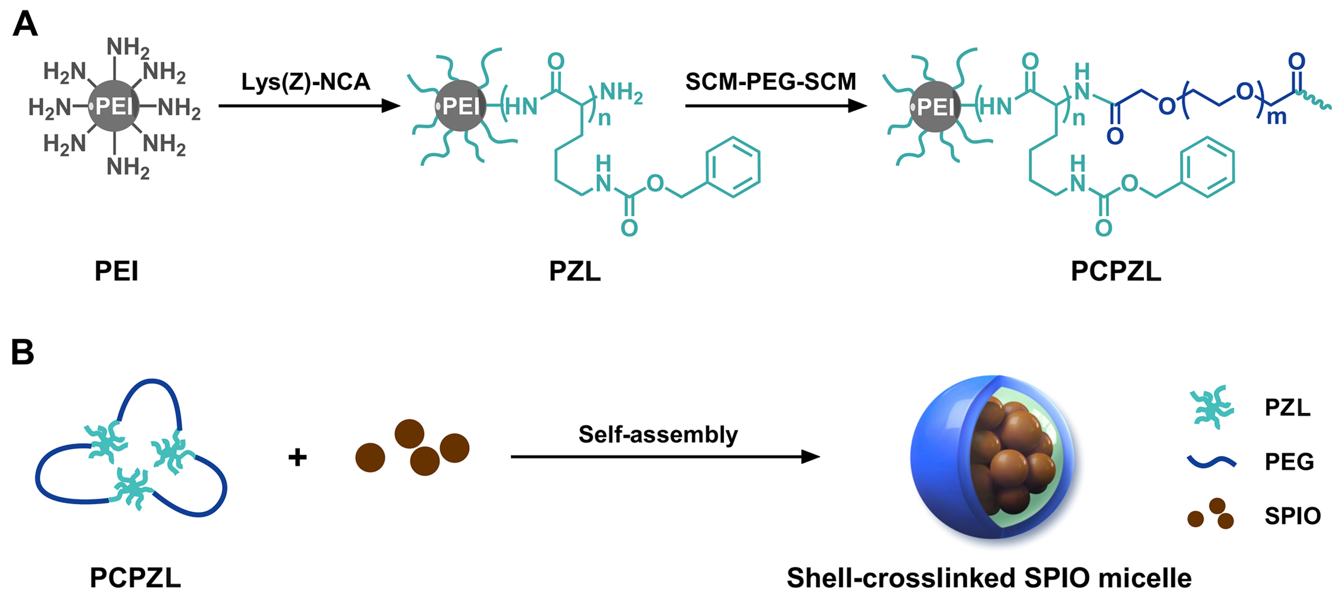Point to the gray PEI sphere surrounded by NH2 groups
click(114, 106)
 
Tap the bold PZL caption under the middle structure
click(574, 271)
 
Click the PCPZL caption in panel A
click(1116, 271)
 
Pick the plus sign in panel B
click(298, 457)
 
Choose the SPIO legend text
click(1292, 516)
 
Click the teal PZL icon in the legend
click(1212, 407)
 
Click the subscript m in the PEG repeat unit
click(1276, 117)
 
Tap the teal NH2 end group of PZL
click(622, 93)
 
